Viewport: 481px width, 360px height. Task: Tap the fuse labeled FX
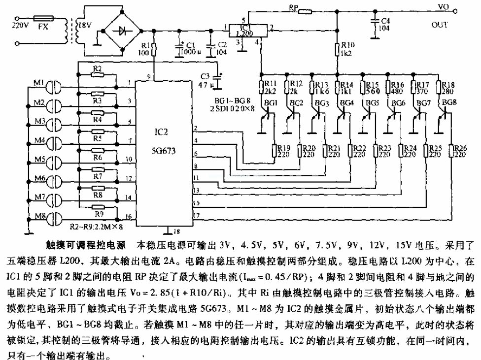[43, 22]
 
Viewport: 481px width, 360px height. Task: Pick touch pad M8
[54, 216]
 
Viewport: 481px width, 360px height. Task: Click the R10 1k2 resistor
[338, 50]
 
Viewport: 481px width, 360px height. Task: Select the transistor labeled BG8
[445, 112]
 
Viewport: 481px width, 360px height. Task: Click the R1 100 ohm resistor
[154, 49]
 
